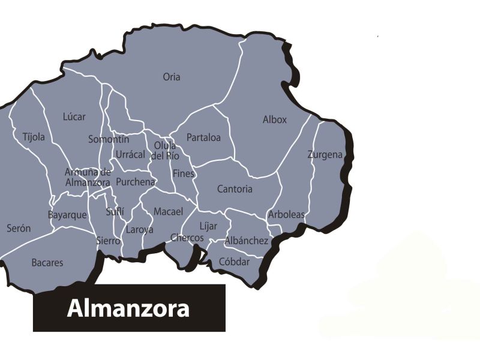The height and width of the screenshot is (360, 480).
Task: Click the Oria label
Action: click(x=172, y=77)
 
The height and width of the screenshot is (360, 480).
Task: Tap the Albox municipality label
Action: click(x=275, y=119)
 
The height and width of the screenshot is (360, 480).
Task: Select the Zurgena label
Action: click(x=325, y=155)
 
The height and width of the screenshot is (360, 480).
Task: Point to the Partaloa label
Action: click(x=203, y=137)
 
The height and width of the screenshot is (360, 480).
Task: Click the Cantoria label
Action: click(x=235, y=189)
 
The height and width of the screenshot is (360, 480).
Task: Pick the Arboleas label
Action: click(x=286, y=214)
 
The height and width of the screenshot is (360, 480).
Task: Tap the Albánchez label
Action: click(x=246, y=241)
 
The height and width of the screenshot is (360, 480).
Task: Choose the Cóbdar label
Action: click(x=234, y=262)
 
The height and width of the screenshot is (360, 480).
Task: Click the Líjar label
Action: click(x=208, y=226)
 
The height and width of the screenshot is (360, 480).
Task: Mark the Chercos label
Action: click(x=187, y=238)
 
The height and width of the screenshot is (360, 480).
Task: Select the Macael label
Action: click(x=168, y=212)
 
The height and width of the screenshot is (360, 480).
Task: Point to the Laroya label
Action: click(x=140, y=229)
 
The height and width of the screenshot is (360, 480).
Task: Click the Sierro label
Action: click(x=109, y=241)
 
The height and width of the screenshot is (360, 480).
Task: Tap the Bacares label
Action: click(x=47, y=263)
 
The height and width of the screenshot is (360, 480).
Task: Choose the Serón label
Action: click(x=19, y=228)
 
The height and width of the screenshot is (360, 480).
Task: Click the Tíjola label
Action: click(x=34, y=137)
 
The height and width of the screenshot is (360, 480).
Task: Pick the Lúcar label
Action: click(x=74, y=116)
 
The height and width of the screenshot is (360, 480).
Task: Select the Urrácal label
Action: click(x=130, y=154)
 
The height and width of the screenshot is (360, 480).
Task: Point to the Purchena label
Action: click(x=136, y=182)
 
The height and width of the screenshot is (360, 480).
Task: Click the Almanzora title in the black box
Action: click(x=128, y=308)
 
